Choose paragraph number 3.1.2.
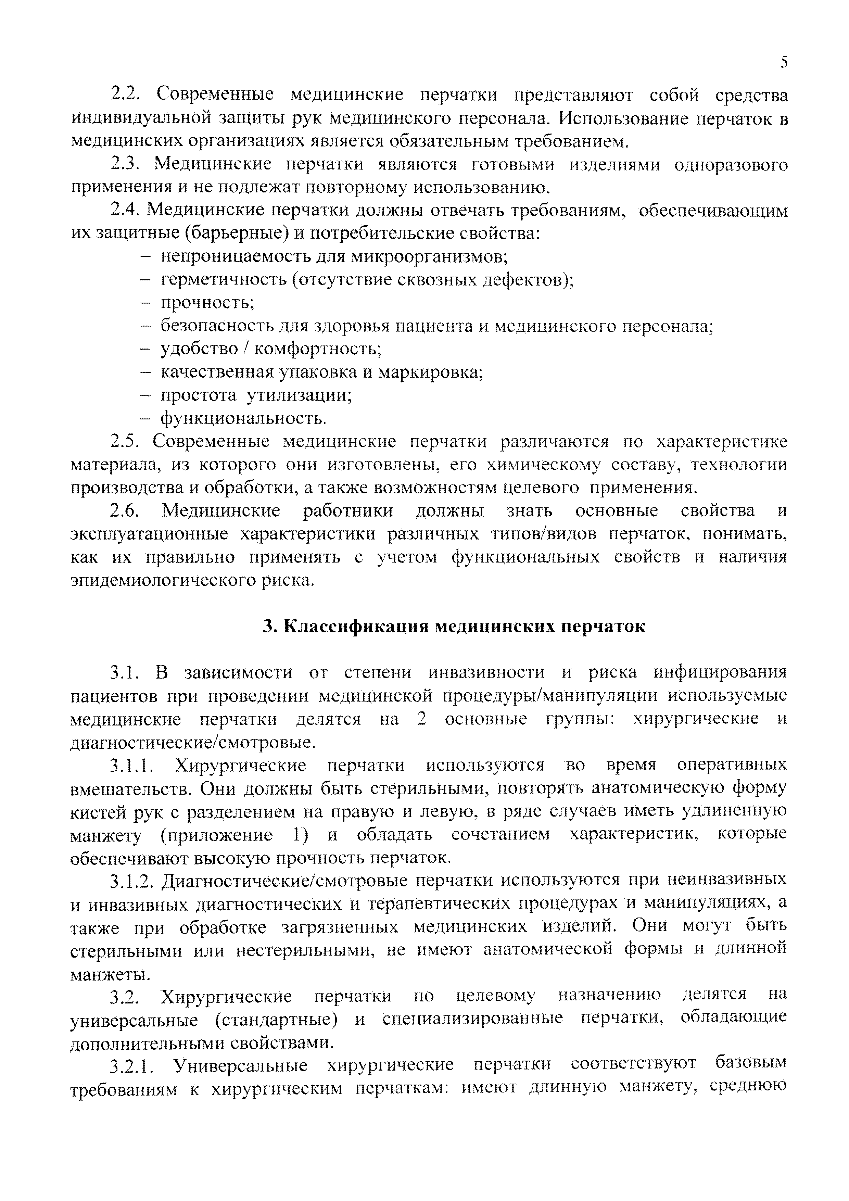pos(132,881)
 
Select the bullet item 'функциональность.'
pos(243,418)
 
